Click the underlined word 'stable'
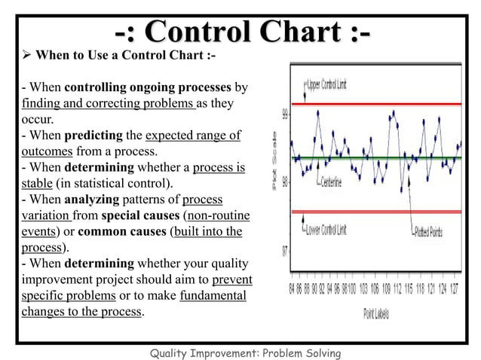(x=36, y=183)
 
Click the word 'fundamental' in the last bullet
(x=213, y=295)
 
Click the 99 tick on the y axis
(x=286, y=114)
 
